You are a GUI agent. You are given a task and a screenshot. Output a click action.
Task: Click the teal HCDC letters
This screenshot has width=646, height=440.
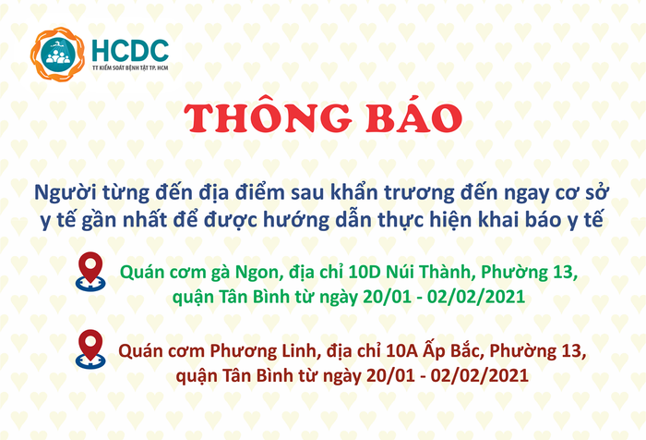pos(129,48)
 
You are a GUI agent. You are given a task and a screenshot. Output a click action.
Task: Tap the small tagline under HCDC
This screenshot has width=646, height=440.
pos(129,68)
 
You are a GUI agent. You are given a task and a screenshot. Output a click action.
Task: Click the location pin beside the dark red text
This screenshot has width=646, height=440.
pos(90,348)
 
